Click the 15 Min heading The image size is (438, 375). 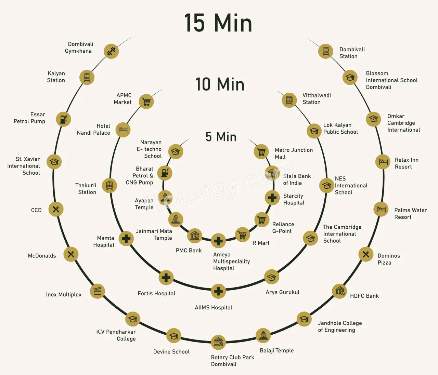click(x=218, y=23)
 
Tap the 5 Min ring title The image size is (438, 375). click(x=221, y=137)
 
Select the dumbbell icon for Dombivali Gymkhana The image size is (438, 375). click(x=111, y=51)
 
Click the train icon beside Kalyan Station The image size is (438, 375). click(x=87, y=77)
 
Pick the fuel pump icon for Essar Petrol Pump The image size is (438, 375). click(x=63, y=119)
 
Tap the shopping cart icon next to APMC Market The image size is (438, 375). click(x=146, y=102)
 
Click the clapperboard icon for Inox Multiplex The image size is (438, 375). click(x=98, y=291)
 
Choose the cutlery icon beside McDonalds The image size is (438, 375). click(x=71, y=254)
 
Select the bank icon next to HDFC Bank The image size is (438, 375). click(x=340, y=291)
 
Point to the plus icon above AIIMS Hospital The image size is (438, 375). click(x=218, y=291)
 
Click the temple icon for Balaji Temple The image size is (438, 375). click(x=263, y=336)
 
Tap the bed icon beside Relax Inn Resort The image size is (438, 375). click(x=383, y=162)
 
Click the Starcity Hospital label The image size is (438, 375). click(x=294, y=199)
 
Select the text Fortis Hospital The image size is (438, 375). click(x=157, y=293)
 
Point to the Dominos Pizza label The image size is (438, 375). click(x=389, y=259)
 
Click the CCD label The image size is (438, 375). click(x=36, y=210)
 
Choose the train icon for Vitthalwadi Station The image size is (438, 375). click(x=289, y=100)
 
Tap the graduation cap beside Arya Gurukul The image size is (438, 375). click(x=272, y=277)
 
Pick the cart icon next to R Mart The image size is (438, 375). click(x=243, y=235)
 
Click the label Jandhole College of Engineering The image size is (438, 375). click(x=340, y=326)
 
